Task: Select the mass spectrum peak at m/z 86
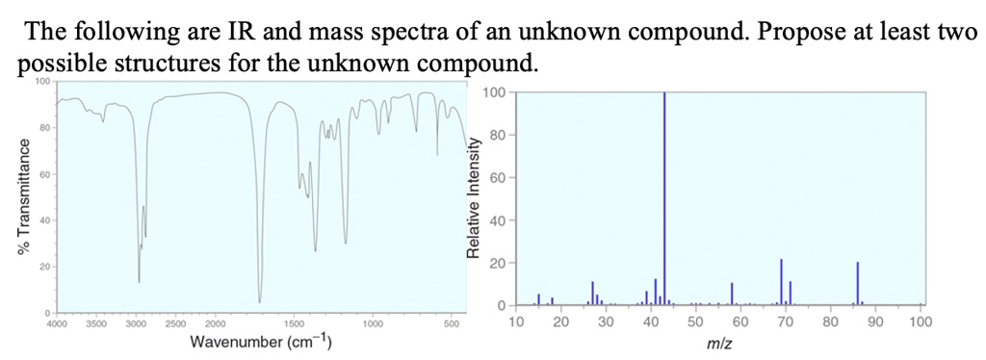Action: (x=857, y=283)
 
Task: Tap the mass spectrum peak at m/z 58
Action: (x=732, y=294)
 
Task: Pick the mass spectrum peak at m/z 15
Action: (x=538, y=299)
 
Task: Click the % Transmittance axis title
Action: (x=13, y=202)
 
